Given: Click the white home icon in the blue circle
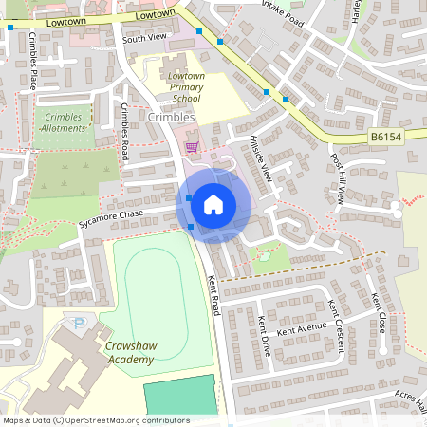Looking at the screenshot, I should coord(213,204).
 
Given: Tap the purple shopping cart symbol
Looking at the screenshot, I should coord(192,147).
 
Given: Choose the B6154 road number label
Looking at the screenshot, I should coord(383,138).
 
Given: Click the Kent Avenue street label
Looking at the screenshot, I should coord(302,329).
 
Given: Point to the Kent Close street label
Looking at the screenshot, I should coord(380,310).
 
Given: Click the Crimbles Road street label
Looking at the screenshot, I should coord(124,134).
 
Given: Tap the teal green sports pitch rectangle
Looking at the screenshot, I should coord(180,396).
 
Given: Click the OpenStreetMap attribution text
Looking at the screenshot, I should coord(95,420).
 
